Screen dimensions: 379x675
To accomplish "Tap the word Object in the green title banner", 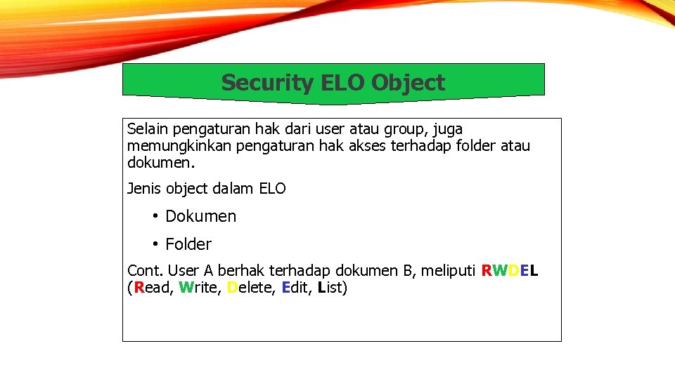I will [x=408, y=83].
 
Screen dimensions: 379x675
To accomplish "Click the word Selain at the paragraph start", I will [x=148, y=129].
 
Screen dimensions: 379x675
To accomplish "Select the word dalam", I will [x=233, y=189].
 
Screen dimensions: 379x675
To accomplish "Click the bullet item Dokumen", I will [x=200, y=216].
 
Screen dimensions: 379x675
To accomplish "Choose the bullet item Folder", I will [x=188, y=244].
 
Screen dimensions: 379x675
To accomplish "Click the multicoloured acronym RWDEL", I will [x=510, y=271].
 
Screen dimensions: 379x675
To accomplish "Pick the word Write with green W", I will [x=199, y=288].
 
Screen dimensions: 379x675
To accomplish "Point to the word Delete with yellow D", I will [x=250, y=288].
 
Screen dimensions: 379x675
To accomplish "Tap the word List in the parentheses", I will [x=330, y=288].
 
